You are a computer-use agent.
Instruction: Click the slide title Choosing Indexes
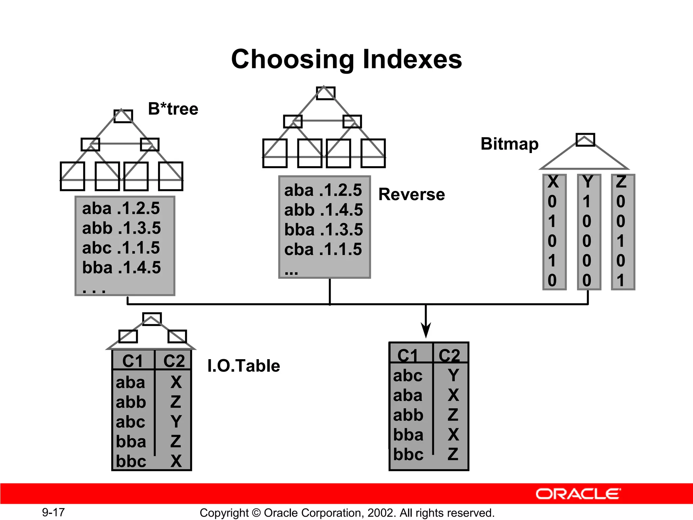coord(346,59)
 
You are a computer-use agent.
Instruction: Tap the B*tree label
coord(173,109)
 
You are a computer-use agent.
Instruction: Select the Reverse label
coord(411,194)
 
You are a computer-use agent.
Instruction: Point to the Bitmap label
coord(509,144)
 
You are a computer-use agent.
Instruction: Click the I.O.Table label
coord(244,366)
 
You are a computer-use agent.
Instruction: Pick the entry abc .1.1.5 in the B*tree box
coord(121,248)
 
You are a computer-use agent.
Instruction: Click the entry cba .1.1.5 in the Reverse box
coord(323,250)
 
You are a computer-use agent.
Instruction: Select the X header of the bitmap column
coord(553,182)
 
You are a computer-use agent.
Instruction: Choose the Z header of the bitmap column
coord(621,182)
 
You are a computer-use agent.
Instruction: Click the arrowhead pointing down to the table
coord(426,330)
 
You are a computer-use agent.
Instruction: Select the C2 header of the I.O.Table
coord(174,361)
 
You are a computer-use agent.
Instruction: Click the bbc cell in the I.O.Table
coord(131,461)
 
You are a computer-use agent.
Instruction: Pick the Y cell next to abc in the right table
coord(453,375)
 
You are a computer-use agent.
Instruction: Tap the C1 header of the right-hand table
coord(408,355)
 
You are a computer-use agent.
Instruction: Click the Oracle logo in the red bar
coord(578,494)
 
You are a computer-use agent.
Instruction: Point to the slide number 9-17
coord(53,512)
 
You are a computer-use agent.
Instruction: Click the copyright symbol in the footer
coord(256,513)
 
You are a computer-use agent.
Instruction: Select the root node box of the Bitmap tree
coord(585,139)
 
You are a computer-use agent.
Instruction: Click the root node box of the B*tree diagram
coord(123,116)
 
